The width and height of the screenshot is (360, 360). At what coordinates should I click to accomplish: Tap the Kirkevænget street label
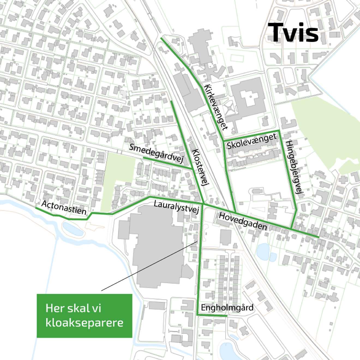(x=216, y=107)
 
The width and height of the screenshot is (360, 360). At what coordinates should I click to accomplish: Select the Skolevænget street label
(x=251, y=141)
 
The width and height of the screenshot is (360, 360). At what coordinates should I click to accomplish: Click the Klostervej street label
(x=200, y=167)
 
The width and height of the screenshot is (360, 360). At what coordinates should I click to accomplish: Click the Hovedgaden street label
(x=243, y=221)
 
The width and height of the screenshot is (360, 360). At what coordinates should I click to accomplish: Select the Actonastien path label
(x=64, y=208)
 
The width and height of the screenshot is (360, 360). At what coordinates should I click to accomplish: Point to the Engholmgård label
(x=227, y=308)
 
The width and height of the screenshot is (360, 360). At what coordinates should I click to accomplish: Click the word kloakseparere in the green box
(x=84, y=323)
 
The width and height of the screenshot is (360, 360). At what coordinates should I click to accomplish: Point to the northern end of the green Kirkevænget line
(x=161, y=38)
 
